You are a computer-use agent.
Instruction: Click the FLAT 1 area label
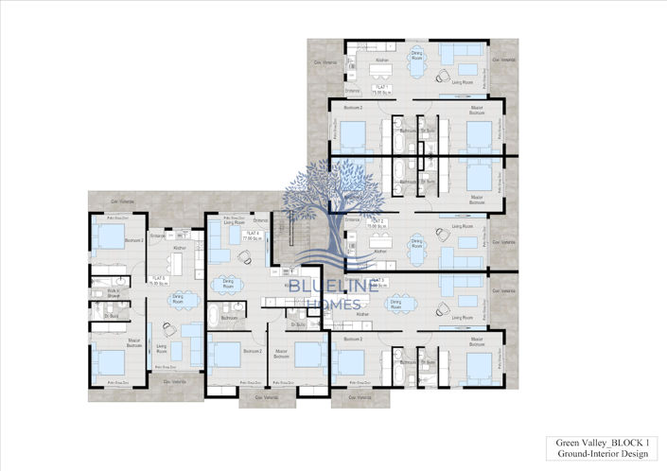coord(382,92)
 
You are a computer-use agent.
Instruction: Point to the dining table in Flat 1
coord(416,64)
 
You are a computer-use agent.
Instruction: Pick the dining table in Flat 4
coord(227,288)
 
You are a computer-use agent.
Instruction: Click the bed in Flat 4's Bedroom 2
coord(226,355)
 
